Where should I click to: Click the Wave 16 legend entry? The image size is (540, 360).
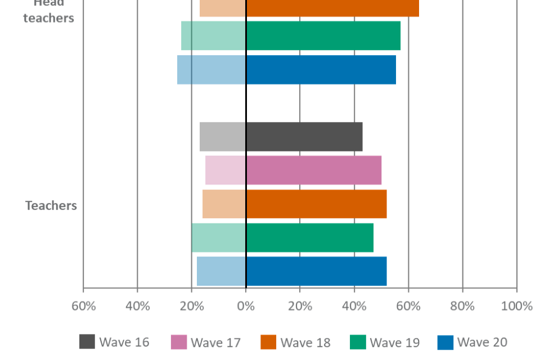click(115, 342)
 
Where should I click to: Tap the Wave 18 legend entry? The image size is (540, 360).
click(295, 342)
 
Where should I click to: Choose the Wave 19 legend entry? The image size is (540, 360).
click(385, 342)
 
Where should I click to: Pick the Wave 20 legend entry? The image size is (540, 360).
click(472, 342)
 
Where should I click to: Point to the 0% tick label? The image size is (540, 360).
click(246, 306)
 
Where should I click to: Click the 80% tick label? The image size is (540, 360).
click(462, 306)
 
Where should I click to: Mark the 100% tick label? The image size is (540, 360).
click(516, 306)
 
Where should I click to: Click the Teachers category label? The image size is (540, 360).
click(51, 205)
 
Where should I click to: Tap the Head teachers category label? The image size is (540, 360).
click(48, 11)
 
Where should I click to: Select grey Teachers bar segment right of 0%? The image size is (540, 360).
click(304, 137)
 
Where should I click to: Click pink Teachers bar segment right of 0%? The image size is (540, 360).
click(314, 170)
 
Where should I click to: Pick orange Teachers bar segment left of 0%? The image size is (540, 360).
click(224, 204)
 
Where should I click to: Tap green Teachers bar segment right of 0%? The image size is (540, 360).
click(310, 237)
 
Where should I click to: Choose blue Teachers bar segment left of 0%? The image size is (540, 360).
click(221, 271)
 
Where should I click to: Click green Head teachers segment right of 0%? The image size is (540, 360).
click(323, 35)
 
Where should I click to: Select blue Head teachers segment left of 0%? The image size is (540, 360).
click(211, 70)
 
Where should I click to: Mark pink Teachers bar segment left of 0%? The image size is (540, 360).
click(226, 170)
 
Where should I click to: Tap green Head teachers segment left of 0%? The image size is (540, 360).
click(213, 35)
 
